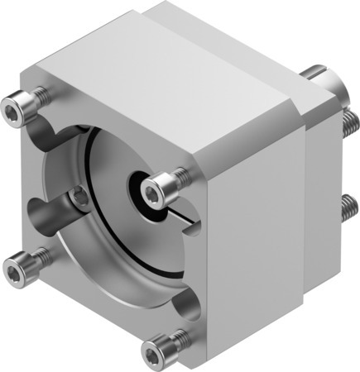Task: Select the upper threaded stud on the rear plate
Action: tap(348, 124)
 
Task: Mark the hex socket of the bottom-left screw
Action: tap(16, 265)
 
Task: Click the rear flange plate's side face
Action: tap(319, 190)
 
